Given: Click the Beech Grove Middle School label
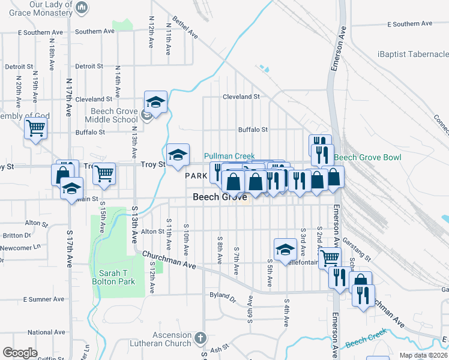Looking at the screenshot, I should pos(114,115).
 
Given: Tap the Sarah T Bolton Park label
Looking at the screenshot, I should pos(113,277).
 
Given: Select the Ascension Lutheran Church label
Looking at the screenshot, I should pos(172,339).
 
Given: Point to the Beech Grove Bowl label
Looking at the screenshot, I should pos(367,158).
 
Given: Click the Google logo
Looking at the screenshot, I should pos(20,353).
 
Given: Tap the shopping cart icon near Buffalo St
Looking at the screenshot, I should pos(35,127).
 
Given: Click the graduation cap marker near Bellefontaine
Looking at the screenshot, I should pos(285,248).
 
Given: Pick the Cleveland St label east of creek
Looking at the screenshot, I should pos(241,96).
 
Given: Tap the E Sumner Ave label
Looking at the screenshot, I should pos(43,299).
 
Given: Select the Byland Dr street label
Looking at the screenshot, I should pos(223,295).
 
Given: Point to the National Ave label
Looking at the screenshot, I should pos(46,332).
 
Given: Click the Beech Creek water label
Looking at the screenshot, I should pos(365,343).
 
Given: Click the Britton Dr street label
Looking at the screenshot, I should pos(20,235).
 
